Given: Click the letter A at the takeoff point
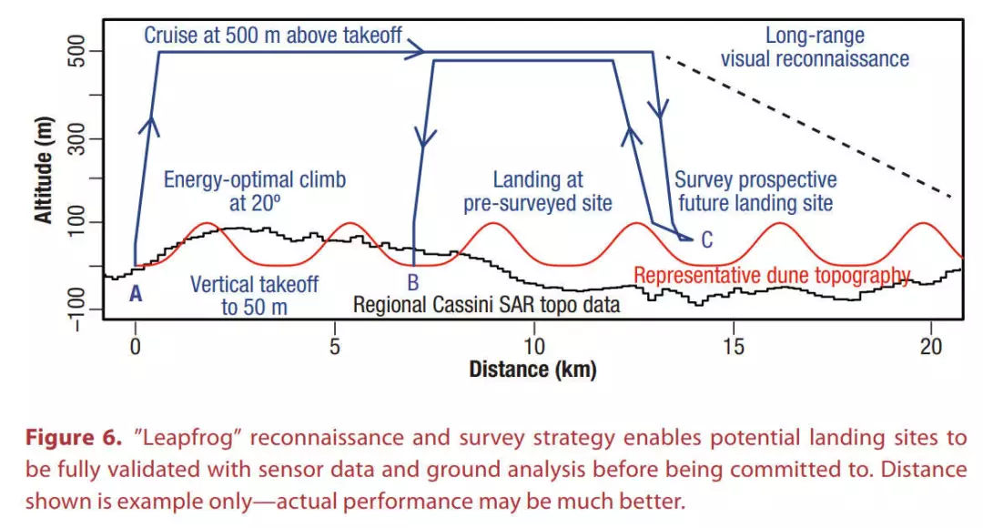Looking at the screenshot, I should pyautogui.click(x=137, y=293).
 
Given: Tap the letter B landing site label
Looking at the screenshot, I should pyautogui.click(x=413, y=282).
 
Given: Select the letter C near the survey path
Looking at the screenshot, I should pyautogui.click(x=706, y=241).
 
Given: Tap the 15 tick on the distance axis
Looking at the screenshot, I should pyautogui.click(x=733, y=347).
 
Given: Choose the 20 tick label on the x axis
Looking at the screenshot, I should pyautogui.click(x=930, y=347).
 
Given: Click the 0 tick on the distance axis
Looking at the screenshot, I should pyautogui.click(x=136, y=347).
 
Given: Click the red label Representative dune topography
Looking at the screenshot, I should pyautogui.click(x=772, y=275).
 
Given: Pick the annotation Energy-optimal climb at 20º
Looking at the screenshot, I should pyautogui.click(x=255, y=189).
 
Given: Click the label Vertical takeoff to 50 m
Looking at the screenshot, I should pyautogui.click(x=254, y=295).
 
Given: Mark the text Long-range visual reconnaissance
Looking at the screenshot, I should pyautogui.click(x=815, y=48).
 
